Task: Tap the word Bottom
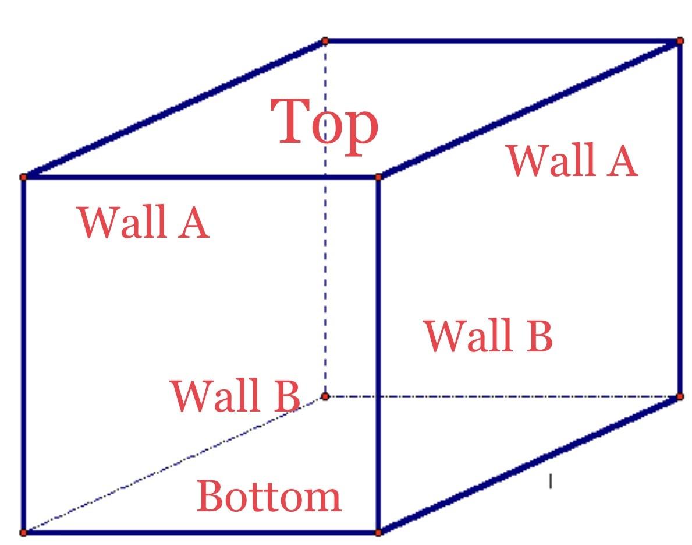(269, 496)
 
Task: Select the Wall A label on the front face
(143, 222)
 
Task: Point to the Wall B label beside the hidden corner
(235, 395)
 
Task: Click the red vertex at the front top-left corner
(23, 177)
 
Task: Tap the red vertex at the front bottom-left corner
(23, 533)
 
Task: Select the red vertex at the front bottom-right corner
(378, 533)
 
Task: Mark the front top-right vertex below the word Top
(378, 177)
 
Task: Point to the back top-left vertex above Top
(325, 41)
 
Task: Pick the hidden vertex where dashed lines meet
(325, 396)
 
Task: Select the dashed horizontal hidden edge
(524, 397)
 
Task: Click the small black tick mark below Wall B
(550, 481)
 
